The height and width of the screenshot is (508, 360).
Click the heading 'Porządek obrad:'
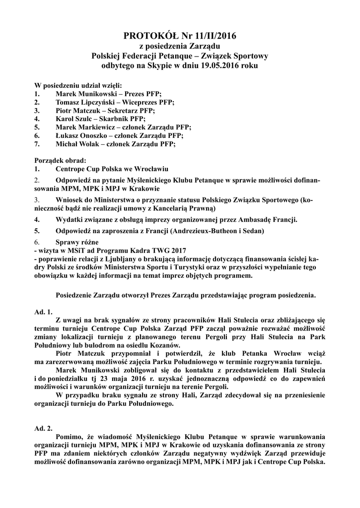pyautogui.click(x=60, y=161)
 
